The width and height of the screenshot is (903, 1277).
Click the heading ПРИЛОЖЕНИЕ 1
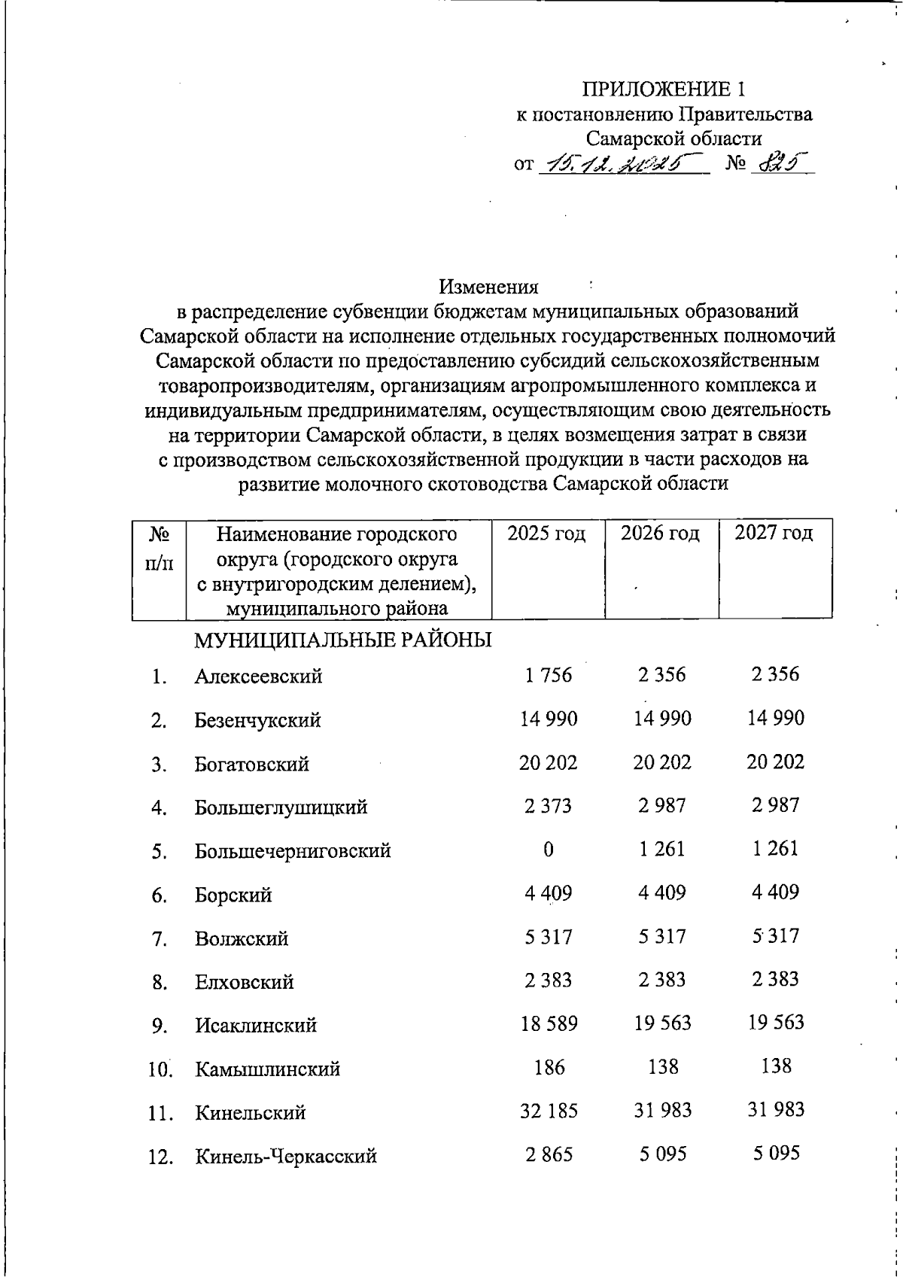[664, 90]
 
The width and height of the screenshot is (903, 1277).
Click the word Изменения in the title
[489, 287]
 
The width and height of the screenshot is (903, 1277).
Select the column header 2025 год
[547, 534]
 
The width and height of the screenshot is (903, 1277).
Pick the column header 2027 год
[774, 534]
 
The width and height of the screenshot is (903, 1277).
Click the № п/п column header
[159, 548]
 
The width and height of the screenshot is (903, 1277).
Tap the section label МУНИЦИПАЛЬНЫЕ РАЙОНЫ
[343, 640]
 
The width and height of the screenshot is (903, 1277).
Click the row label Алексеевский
[258, 677]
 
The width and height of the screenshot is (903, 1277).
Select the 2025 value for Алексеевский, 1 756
[549, 675]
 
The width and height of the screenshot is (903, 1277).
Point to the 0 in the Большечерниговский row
[548, 850]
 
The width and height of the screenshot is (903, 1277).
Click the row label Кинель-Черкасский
[286, 1156]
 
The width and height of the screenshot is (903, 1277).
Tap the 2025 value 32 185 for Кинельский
[549, 1111]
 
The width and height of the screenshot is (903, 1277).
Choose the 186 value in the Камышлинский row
[549, 1067]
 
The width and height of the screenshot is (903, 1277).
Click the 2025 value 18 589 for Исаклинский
[549, 1024]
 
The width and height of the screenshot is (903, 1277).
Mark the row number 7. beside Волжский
[158, 939]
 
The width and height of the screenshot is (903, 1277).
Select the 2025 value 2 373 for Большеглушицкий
[549, 807]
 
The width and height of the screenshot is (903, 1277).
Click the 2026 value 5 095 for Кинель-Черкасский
[663, 1154]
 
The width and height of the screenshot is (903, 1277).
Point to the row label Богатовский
[251, 765]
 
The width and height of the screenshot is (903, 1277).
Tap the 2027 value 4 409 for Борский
[775, 892]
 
